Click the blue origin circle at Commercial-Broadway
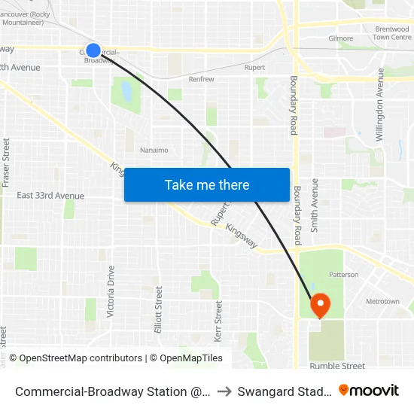(93, 50)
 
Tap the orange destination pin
(321, 306)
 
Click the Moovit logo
(368, 390)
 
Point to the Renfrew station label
(201, 79)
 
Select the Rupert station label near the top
(254, 68)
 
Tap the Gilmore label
(340, 38)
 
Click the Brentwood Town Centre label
(391, 32)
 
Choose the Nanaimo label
(154, 150)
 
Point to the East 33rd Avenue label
(50, 196)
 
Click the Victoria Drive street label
(111, 291)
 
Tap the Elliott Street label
(159, 309)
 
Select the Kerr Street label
(219, 320)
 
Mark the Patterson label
(343, 275)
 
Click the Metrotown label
(382, 302)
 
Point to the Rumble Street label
(337, 366)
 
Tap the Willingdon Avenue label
(381, 105)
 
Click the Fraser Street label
(6, 163)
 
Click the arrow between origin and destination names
(225, 391)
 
